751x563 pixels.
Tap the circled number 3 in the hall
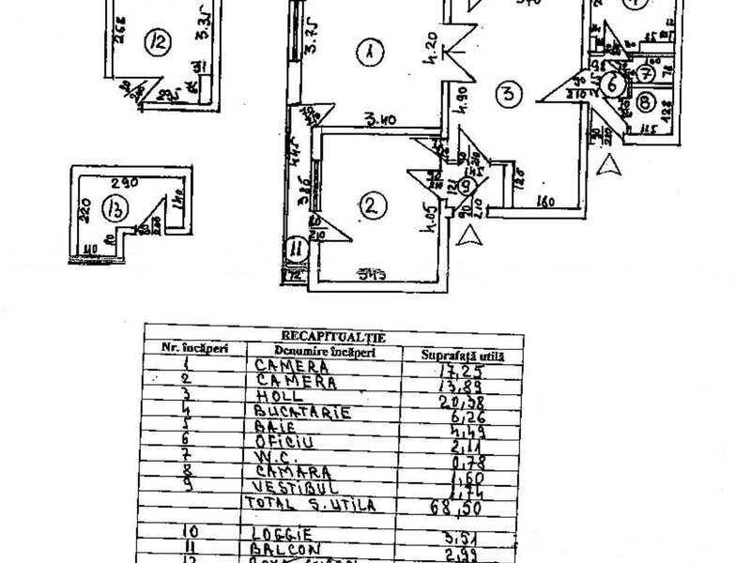[x=507, y=94]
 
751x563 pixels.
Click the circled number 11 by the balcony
[x=298, y=249]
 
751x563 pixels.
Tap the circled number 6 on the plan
[x=613, y=84]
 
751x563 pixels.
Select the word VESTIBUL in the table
[x=291, y=487]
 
